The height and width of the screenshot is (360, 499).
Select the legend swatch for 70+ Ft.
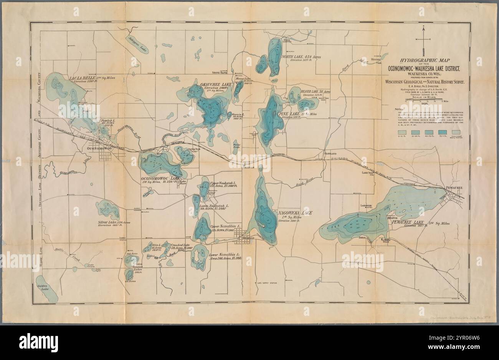[x=443, y=132]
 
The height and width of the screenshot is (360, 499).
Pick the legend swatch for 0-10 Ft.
[x=402, y=132]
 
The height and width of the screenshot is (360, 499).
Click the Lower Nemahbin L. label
[x=225, y=255]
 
